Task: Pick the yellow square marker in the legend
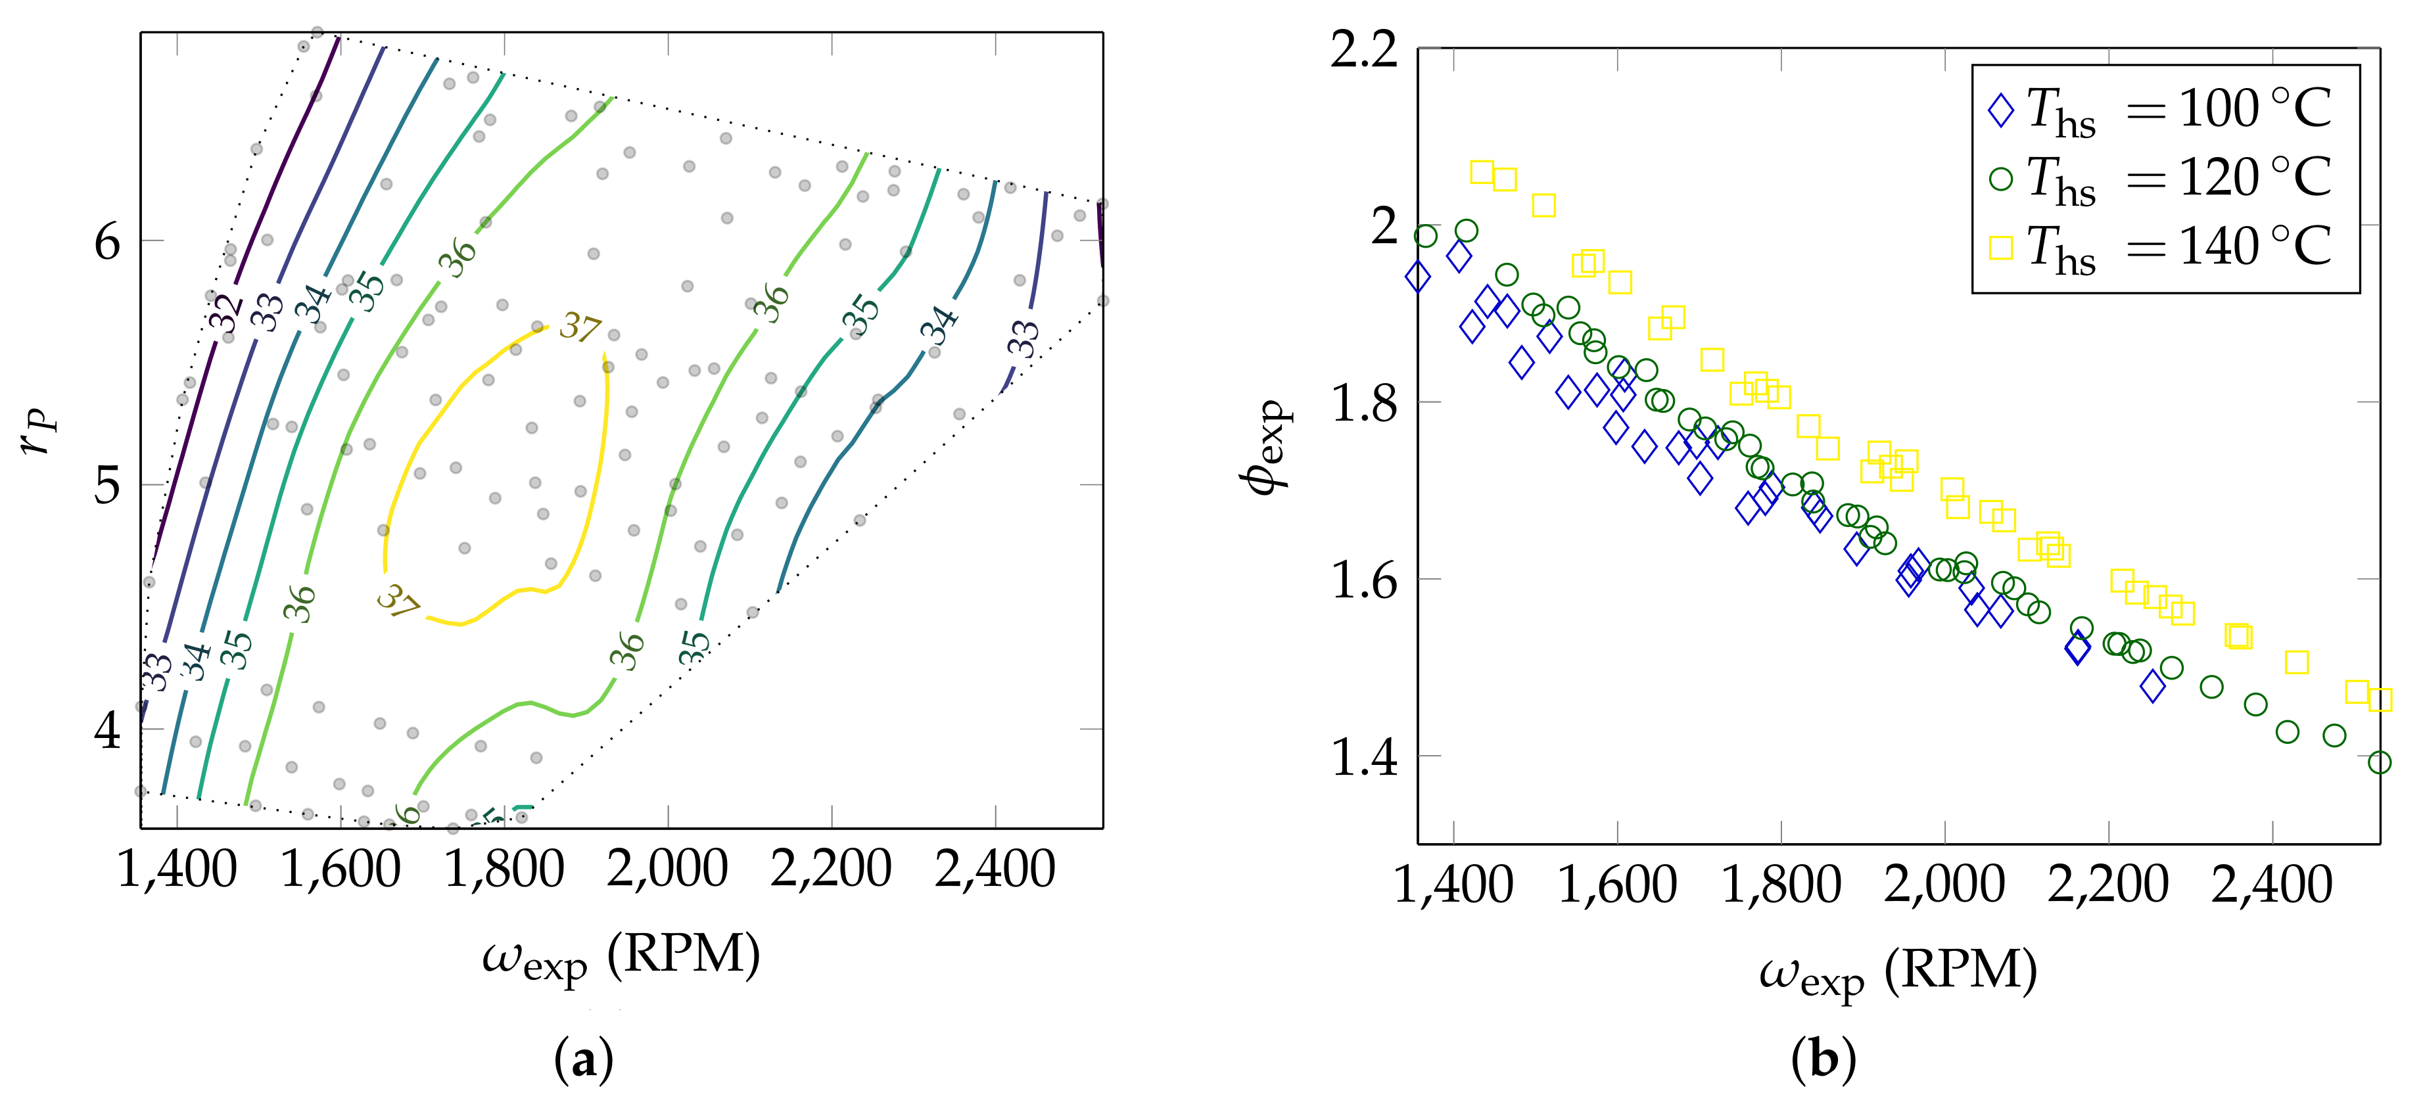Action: (x=2001, y=247)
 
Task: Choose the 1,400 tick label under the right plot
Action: (x=1453, y=885)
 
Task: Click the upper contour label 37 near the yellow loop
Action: (x=579, y=327)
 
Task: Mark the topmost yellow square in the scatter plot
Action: (x=1482, y=172)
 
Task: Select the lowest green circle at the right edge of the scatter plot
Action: (x=2379, y=762)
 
